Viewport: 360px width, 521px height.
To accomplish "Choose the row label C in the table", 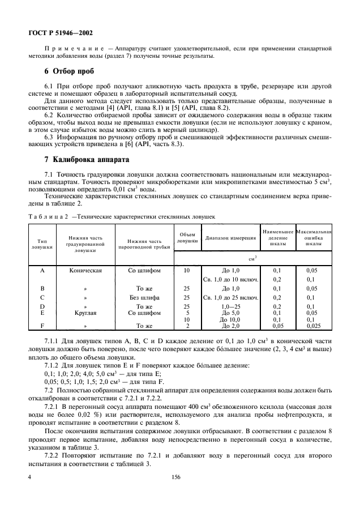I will coord(42,297).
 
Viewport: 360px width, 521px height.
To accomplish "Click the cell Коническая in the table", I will coord(85,271).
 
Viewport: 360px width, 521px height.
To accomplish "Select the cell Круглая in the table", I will coord(85,312).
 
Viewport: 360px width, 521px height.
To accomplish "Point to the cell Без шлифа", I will coord(144,297).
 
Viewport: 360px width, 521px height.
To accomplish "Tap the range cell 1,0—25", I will coord(230,306).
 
